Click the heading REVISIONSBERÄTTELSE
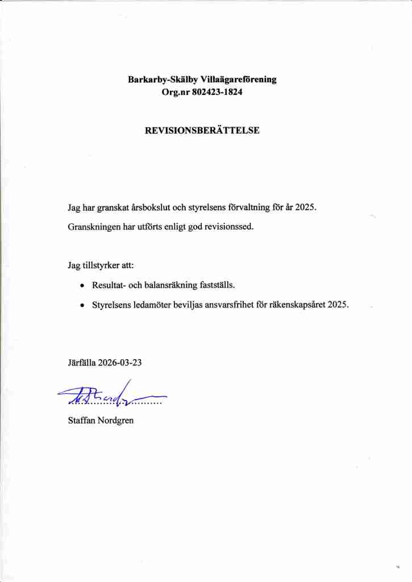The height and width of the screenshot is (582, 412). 202,130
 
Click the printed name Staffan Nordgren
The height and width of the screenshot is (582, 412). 101,421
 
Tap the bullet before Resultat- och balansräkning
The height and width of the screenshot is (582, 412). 82,285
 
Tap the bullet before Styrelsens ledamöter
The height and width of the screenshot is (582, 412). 82,305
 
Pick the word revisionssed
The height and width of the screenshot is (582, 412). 228,226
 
